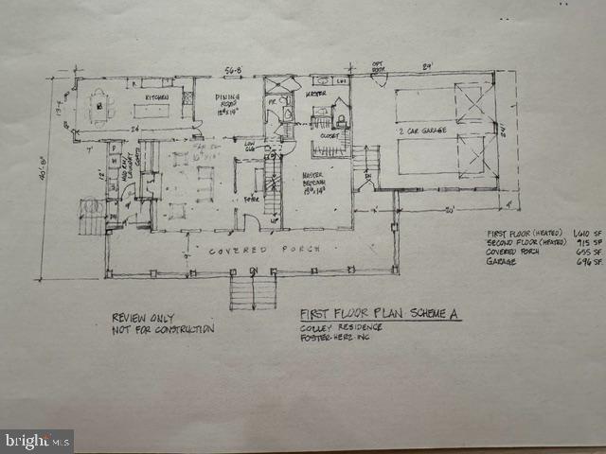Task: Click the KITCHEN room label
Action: (157, 97)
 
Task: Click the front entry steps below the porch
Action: (252, 291)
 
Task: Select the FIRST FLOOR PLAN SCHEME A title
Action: (380, 313)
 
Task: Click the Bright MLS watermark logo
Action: (36, 441)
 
